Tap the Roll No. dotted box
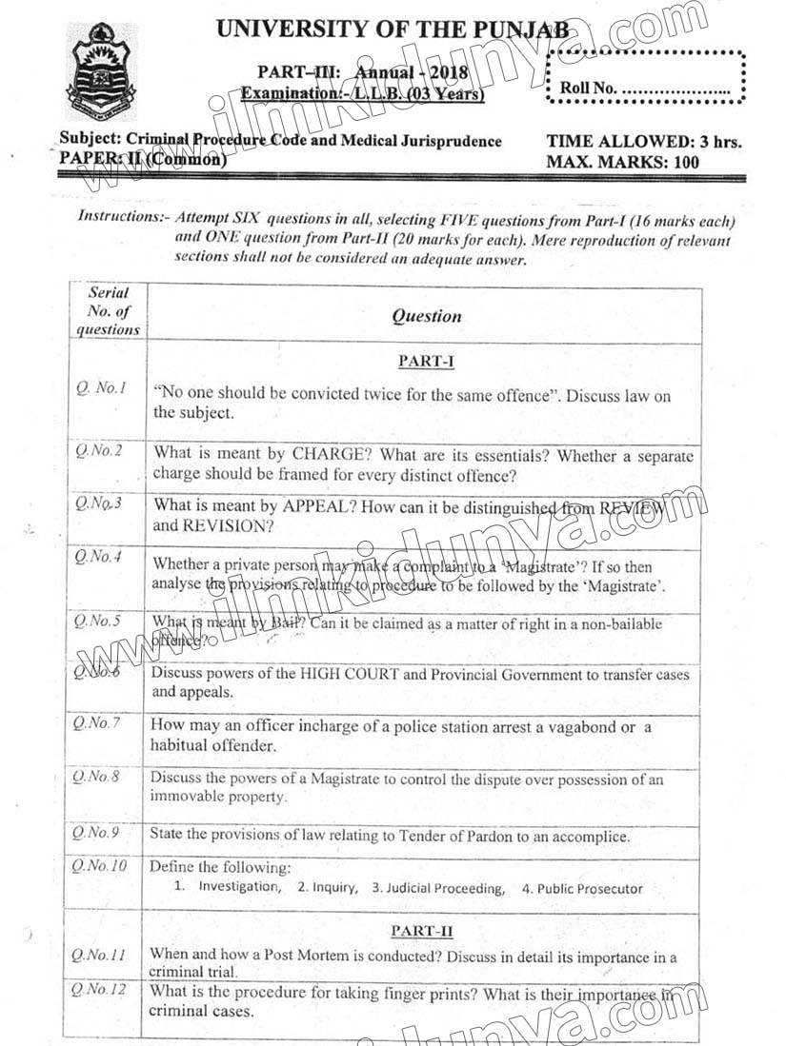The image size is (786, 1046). (x=646, y=78)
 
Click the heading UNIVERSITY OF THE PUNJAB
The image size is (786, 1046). (x=393, y=29)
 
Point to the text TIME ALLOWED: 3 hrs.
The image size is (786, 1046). (x=643, y=142)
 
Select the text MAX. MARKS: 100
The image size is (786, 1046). (x=622, y=162)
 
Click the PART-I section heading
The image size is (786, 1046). (x=425, y=361)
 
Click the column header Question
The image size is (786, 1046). (x=426, y=316)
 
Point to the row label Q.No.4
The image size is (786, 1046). (x=99, y=558)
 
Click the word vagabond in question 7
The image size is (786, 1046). (x=571, y=727)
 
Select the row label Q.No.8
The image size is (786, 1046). (x=98, y=778)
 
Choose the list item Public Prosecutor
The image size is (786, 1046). (x=590, y=888)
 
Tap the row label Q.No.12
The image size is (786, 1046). (x=98, y=991)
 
